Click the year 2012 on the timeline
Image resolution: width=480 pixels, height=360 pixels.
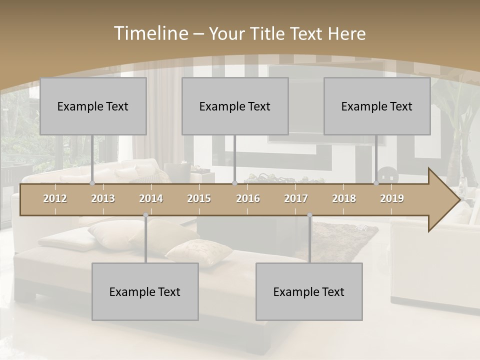coord(55,198)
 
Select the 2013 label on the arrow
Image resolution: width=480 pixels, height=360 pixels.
coord(103,198)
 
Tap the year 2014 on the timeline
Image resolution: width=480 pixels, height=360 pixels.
coord(151,198)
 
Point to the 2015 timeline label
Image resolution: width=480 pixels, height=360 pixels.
coord(199,198)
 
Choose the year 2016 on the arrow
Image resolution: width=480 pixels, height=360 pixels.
coord(248,198)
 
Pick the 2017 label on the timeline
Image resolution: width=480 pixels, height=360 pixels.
coord(296,198)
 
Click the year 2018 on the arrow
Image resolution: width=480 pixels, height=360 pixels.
coord(344,198)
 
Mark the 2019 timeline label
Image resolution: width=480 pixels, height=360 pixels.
coord(392,198)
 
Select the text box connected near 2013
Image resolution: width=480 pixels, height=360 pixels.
coord(93,106)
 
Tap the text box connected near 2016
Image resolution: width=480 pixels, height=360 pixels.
coord(235,106)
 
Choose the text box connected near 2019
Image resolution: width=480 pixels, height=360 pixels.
coord(377,106)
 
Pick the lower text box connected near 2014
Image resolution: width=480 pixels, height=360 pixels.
coord(145,291)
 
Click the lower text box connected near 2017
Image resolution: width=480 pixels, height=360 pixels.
coord(309,291)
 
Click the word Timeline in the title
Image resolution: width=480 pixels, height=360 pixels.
coord(150,33)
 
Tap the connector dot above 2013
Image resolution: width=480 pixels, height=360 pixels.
coord(92,183)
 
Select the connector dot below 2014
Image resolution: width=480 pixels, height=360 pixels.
coord(145,215)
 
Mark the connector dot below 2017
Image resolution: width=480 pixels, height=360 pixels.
coord(309,215)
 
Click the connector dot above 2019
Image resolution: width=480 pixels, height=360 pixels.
coord(376,183)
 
